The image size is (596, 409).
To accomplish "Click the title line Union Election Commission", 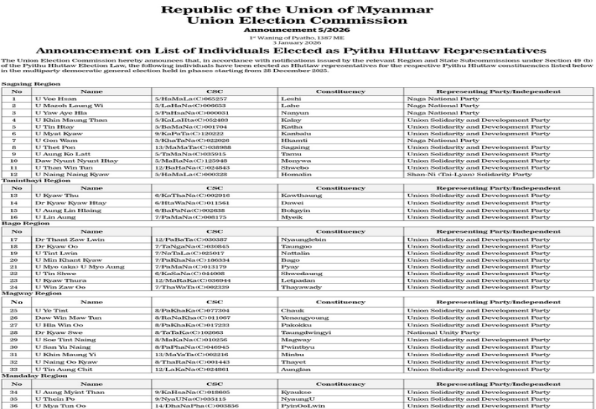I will pyautogui.click(x=297, y=22).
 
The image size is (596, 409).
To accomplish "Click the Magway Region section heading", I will pyautogui.click(x=26, y=293).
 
